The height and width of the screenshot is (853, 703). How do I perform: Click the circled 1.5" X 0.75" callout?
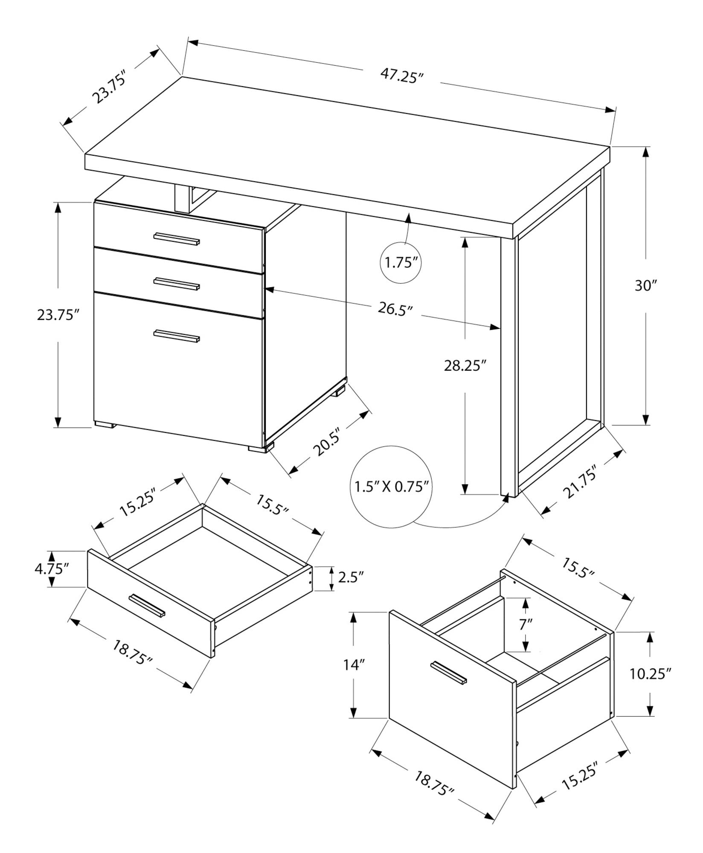391,486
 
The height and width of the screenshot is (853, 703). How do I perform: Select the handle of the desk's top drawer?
177,239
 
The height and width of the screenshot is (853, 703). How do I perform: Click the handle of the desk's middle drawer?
177,284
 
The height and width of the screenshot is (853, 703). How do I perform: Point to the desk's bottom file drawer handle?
177,336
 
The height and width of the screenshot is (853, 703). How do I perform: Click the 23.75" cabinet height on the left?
58,315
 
